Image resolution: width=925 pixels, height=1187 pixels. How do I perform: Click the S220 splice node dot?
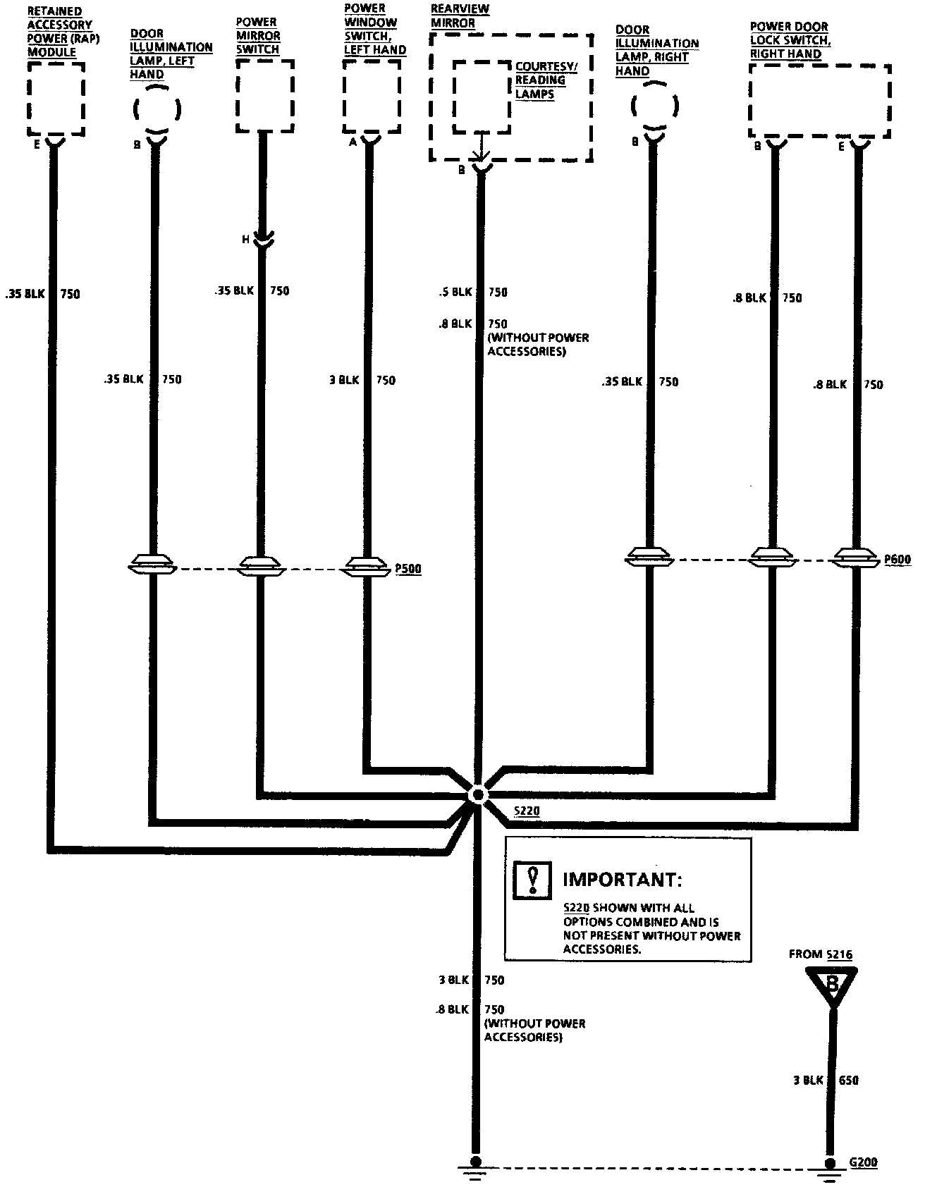[x=478, y=794]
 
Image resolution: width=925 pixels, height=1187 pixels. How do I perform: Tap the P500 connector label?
[x=408, y=569]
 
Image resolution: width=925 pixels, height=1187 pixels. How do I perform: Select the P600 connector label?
[x=898, y=560]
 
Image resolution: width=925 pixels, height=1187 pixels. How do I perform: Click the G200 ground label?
[x=863, y=1163]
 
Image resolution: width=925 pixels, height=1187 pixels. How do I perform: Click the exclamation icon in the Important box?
[x=533, y=880]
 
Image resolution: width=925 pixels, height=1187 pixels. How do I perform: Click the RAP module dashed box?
[x=56, y=99]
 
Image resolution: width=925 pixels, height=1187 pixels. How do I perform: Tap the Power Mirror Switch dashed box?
[x=264, y=95]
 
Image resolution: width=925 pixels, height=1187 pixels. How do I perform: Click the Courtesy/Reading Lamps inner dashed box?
[x=482, y=96]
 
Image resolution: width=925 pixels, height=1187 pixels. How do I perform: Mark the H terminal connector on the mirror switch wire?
[x=264, y=240]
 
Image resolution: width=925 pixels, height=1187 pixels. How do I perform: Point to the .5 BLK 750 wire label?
[x=472, y=292]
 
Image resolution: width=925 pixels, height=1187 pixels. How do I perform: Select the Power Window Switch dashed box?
[x=372, y=96]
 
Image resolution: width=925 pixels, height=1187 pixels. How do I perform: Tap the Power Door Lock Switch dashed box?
[x=819, y=101]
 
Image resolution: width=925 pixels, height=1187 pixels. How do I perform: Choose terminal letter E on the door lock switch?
[x=841, y=147]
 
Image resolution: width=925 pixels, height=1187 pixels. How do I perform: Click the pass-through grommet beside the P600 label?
[x=857, y=559]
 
